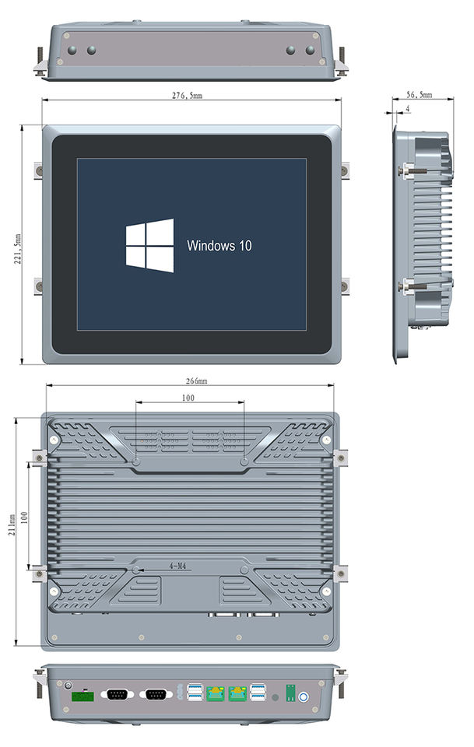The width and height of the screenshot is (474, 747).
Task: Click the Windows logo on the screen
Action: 149,245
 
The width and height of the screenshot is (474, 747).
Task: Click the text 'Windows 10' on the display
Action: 219,246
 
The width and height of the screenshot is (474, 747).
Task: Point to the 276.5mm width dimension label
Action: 187,95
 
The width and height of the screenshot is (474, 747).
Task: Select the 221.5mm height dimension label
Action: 18,249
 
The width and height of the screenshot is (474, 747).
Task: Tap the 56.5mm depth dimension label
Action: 420,95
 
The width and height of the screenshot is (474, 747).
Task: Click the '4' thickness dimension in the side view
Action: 407,109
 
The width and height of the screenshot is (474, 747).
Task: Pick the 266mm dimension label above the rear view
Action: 196,381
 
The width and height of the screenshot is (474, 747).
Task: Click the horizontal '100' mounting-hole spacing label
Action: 188,398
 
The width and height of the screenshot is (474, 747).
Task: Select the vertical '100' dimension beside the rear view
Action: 24,517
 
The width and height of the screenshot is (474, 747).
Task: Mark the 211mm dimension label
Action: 12,524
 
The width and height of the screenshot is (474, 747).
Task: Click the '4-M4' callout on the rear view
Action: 177,566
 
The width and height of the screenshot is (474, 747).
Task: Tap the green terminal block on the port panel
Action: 83,696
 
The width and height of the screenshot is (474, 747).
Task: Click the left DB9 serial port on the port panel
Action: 118,694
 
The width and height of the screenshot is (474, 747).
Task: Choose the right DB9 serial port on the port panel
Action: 156,694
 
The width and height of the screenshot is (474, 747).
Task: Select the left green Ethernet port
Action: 216,693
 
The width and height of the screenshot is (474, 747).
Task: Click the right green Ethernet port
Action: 237,693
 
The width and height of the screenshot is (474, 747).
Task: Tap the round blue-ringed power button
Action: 303,697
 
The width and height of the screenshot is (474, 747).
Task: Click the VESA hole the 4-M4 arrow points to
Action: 135,570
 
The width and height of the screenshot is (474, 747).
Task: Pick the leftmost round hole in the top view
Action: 72,50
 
